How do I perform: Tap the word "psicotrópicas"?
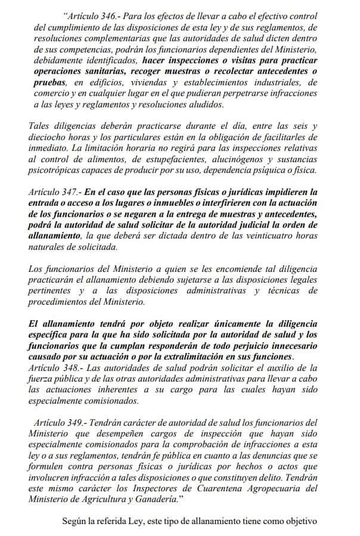tap(54, 171)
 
